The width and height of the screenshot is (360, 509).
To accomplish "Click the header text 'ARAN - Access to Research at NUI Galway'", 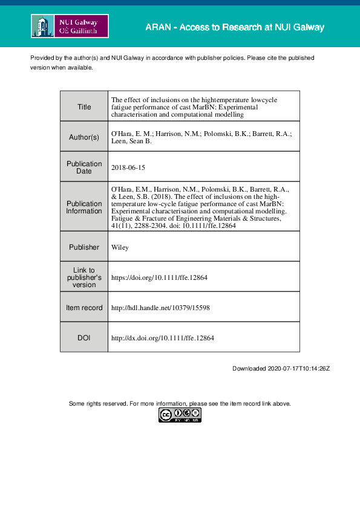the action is [x=235, y=28].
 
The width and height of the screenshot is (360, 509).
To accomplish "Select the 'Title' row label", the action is [x=84, y=107].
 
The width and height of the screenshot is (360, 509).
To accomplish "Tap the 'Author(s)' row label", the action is [x=84, y=137].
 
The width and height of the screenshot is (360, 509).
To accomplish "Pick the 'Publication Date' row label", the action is [x=84, y=167].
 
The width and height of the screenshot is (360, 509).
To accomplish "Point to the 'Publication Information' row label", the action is [x=84, y=207].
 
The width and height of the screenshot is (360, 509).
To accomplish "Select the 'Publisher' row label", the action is [x=84, y=247].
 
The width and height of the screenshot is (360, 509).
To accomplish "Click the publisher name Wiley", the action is [x=120, y=247].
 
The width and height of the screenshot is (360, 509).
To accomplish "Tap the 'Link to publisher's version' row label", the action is [x=84, y=277].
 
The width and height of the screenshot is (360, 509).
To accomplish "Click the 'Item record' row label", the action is [x=84, y=308].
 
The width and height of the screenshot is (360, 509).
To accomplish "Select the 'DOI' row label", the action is [x=84, y=338].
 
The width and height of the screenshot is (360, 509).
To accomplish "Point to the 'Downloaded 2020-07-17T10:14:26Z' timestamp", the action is [x=281, y=369].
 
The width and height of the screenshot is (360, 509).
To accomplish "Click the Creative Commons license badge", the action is [x=180, y=415].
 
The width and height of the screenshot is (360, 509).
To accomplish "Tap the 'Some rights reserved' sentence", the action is [x=180, y=403].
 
